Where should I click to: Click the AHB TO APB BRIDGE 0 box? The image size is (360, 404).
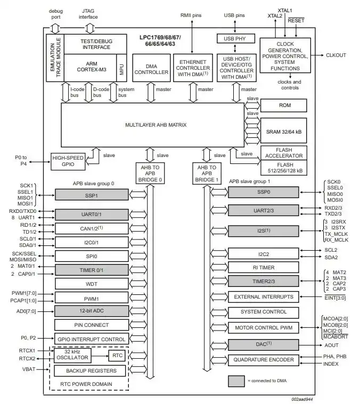click(x=149, y=172)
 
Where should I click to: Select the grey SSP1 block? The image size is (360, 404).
click(x=92, y=195)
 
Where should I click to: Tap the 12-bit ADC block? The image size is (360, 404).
click(x=92, y=311)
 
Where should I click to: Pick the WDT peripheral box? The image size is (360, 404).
click(x=92, y=284)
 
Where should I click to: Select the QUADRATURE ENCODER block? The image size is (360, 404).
click(x=263, y=360)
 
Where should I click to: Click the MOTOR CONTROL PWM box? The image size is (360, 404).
click(x=263, y=326)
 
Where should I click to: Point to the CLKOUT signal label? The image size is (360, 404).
click(x=336, y=55)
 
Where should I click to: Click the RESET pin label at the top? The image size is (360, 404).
click(x=296, y=20)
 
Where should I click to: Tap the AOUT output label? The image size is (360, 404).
click(x=332, y=345)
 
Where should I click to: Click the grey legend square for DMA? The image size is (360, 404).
click(x=236, y=381)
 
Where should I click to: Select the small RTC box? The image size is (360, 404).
click(x=117, y=356)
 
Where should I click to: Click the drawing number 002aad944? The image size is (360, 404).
click(x=302, y=399)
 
